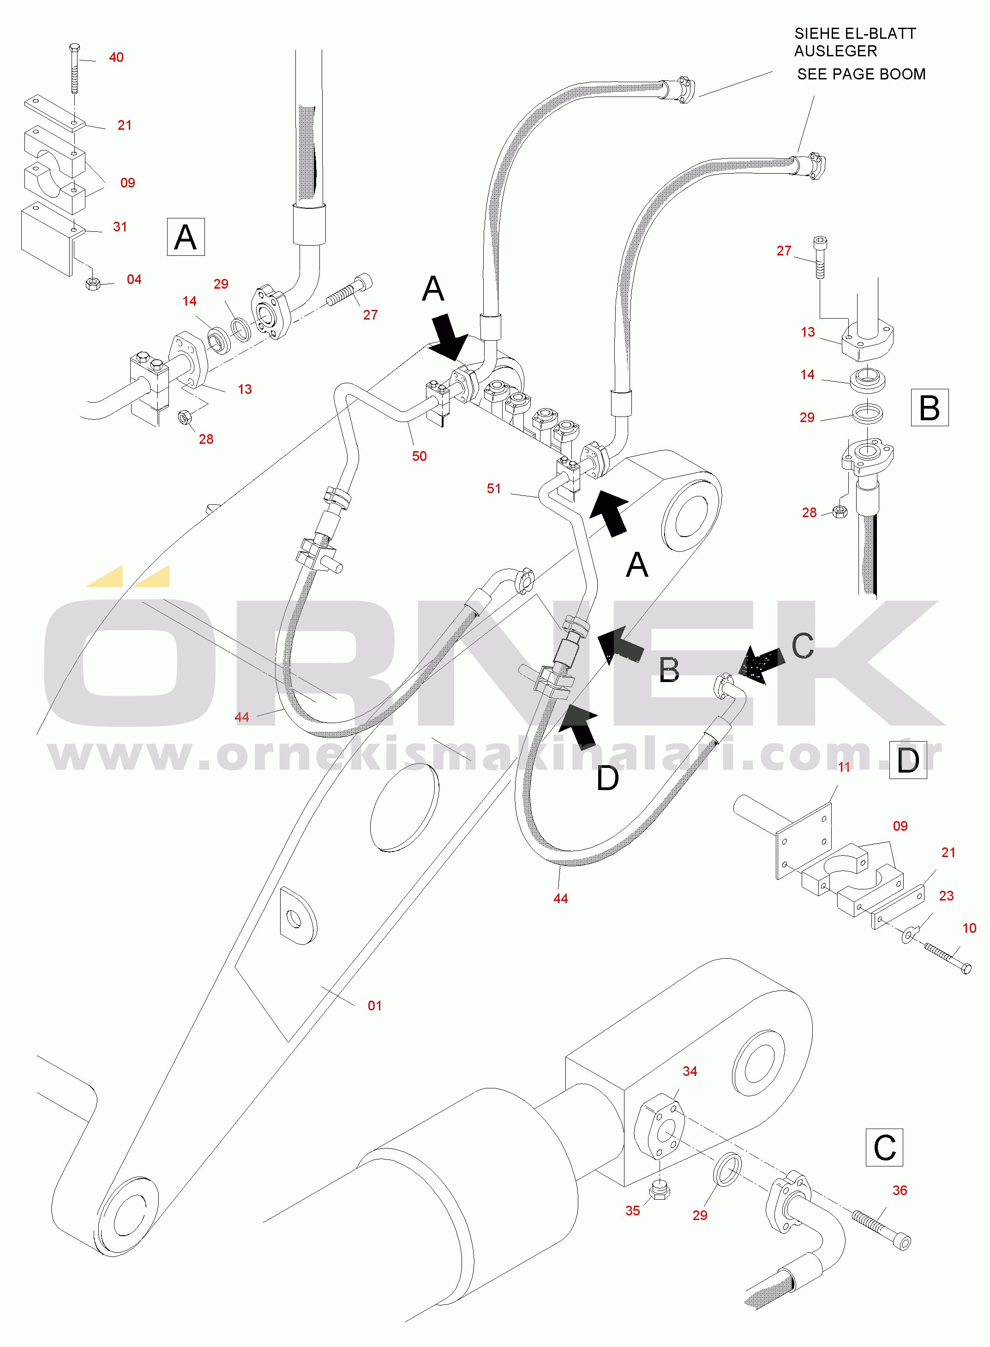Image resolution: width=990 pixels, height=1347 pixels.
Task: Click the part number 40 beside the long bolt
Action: (116, 58)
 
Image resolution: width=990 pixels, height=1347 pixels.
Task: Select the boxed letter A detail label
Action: (186, 237)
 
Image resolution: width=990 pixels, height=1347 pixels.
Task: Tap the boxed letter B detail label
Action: (929, 408)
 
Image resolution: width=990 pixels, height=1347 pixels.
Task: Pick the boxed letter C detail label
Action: (884, 1148)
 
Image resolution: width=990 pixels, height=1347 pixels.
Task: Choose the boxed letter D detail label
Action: (908, 760)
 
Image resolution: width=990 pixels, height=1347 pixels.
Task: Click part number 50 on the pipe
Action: (419, 456)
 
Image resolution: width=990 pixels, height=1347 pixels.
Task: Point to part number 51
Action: (494, 489)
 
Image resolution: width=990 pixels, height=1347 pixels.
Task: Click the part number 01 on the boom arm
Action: (375, 1005)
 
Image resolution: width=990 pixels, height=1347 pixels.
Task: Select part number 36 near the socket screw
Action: (900, 1190)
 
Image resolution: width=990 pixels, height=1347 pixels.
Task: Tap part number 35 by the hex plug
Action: (633, 1210)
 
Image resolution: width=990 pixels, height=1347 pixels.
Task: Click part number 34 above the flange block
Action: (690, 1071)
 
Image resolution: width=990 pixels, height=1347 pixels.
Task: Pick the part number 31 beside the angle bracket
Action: (120, 227)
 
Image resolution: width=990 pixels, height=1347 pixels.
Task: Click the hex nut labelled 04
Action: (92, 283)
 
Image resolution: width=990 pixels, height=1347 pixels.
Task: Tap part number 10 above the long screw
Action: (969, 928)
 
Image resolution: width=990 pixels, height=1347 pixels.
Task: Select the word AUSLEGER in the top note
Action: (835, 52)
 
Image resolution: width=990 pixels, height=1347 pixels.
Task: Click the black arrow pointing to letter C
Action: (761, 664)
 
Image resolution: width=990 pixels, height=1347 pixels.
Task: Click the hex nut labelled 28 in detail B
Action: (840, 511)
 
